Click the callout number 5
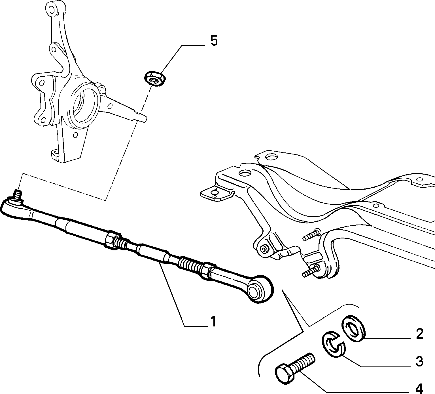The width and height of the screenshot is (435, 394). point(214,41)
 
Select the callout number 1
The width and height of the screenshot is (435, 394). point(213,322)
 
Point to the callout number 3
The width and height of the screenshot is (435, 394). point(420,362)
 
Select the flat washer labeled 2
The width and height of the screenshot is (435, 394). point(353,328)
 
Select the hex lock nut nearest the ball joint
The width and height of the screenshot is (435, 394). point(113,241)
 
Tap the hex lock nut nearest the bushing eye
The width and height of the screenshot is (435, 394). point(207,271)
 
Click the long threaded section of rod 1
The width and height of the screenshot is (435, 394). point(190,264)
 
